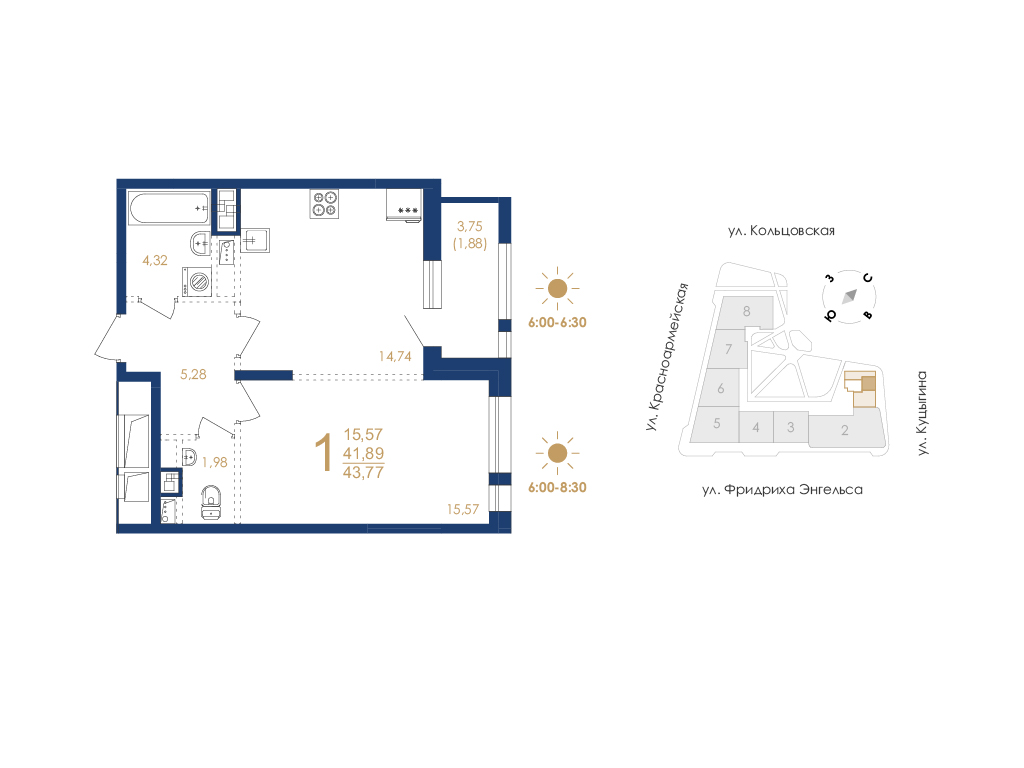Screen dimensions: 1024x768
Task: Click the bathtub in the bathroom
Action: point(168,208)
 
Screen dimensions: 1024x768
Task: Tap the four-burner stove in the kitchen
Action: point(324,203)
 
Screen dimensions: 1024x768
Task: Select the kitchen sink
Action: point(255,240)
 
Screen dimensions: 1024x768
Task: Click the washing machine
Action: point(197,282)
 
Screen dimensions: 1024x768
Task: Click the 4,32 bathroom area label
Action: point(155,260)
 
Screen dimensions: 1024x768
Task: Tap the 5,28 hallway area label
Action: point(193,374)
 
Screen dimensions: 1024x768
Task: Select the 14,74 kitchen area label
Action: point(395,356)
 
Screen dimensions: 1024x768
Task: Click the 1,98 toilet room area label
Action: point(215,462)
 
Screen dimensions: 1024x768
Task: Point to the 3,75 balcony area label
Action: point(470,226)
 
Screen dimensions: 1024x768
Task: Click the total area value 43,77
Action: point(364,472)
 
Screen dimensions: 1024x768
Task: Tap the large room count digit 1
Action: point(324,453)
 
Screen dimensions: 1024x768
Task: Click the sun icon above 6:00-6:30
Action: point(557,288)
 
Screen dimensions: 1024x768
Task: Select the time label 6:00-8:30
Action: point(557,487)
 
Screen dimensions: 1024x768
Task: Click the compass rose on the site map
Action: point(849,296)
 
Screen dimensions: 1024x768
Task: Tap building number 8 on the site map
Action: point(746,312)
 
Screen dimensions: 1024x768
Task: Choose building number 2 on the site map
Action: point(844,430)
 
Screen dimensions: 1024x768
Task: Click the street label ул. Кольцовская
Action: point(782,231)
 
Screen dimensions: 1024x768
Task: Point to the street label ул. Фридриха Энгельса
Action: point(782,489)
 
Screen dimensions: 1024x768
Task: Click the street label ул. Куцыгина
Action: point(922,413)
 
